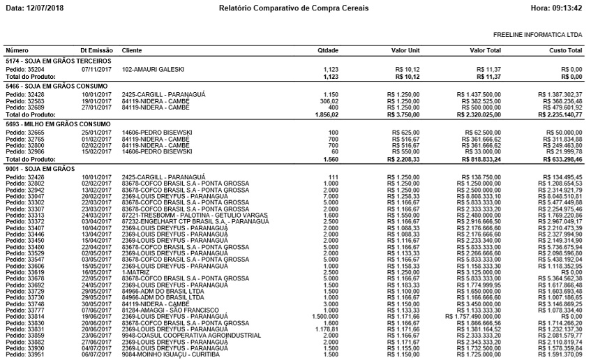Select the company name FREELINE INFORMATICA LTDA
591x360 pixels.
537,34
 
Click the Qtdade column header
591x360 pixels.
328,51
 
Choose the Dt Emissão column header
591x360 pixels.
96,51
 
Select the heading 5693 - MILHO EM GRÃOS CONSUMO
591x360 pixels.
58,124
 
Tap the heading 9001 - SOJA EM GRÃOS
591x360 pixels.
39,169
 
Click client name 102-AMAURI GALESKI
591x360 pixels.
153,70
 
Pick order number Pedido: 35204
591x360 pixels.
25,70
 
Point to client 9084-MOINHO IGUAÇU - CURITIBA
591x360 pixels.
165,354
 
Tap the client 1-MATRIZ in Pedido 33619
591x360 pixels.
135,271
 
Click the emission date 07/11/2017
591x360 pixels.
96,70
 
